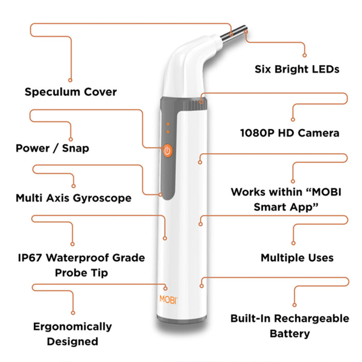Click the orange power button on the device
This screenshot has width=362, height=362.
tap(167, 150)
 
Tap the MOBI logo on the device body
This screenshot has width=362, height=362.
tap(166, 300)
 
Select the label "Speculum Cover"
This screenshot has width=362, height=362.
tap(71, 93)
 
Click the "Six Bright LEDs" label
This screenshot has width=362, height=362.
tap(297, 69)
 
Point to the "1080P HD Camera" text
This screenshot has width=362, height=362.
tap(290, 133)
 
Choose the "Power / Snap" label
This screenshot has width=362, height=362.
tap(52, 148)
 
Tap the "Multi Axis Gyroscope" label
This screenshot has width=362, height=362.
tap(73, 198)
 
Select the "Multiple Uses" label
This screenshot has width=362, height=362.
tap(297, 258)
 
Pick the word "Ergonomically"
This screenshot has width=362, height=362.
tap(72, 327)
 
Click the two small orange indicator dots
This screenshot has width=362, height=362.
tap(167, 128)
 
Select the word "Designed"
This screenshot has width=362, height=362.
tap(72, 341)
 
